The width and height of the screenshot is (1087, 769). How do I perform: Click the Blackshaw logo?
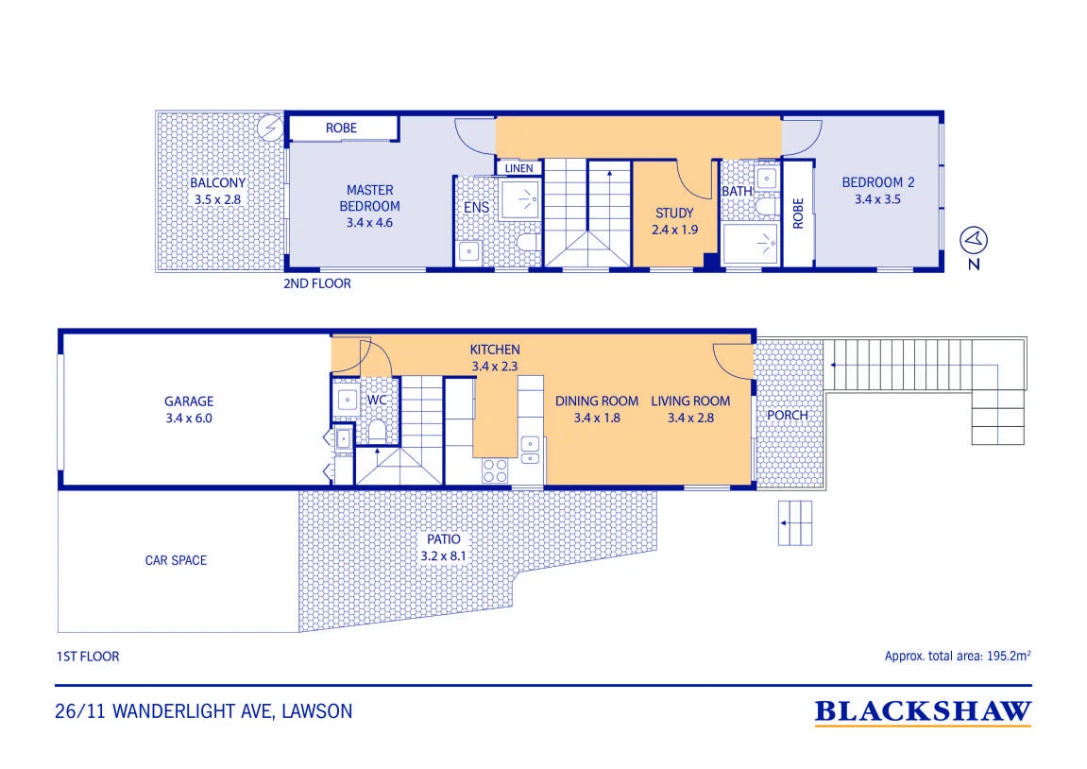point(923,712)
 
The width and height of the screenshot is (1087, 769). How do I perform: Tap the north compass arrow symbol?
point(974,240)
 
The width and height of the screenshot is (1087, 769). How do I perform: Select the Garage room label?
point(189,401)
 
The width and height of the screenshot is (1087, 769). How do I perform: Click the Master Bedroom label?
point(369,197)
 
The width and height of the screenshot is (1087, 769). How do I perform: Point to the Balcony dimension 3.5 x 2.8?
point(217,199)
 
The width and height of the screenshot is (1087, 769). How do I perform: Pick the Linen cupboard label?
point(518,168)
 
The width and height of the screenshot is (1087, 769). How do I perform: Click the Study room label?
point(674,213)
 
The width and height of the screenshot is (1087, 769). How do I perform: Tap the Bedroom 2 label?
point(877,182)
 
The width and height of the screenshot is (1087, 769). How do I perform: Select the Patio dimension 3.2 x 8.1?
point(444,556)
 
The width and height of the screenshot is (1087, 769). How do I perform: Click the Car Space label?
point(176,560)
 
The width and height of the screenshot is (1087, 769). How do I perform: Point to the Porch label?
point(788,415)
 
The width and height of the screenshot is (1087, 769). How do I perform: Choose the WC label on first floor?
point(377,401)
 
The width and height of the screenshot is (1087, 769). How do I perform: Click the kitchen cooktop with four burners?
point(495,470)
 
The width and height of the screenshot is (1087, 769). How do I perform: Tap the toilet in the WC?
point(377,431)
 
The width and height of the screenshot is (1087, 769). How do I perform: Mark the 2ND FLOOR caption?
point(316,282)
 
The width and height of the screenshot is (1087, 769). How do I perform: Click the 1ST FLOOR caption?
point(87,656)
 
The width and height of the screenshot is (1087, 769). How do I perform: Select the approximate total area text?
point(958,656)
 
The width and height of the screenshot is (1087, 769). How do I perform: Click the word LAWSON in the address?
point(316,711)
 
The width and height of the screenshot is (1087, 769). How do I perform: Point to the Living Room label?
point(690,401)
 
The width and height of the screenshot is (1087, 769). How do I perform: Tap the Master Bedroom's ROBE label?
point(341,128)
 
